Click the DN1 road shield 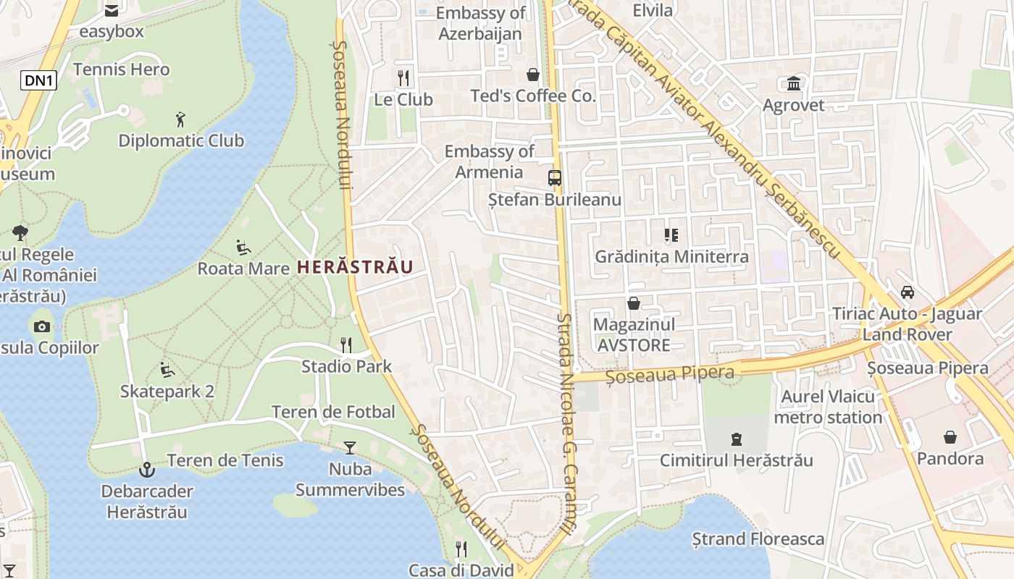(38, 80)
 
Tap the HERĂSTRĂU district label (355, 267)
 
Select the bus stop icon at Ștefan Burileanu (555, 178)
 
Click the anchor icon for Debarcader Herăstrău (147, 470)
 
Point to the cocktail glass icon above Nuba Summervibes (350, 447)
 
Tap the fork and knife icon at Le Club (403, 77)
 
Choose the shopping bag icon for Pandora (950, 437)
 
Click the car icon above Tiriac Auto (907, 292)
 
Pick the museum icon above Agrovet (794, 83)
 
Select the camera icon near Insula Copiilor (42, 326)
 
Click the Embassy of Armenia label (489, 161)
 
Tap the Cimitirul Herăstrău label (737, 460)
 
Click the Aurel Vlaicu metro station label (828, 407)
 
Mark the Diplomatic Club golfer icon (181, 119)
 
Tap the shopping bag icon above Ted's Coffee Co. (533, 75)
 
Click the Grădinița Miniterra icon (671, 235)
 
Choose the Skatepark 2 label (167, 392)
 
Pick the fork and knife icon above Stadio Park (346, 345)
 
